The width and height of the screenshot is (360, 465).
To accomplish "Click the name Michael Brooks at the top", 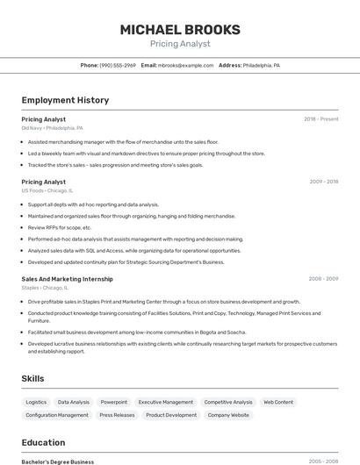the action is [x=179, y=30].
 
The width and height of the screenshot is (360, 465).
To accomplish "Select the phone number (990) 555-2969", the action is [x=118, y=66].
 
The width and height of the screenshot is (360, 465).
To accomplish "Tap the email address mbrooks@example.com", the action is [x=186, y=66].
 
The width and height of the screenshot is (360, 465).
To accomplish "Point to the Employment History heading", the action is [x=65, y=100].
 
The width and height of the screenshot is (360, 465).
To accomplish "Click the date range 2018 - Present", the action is [x=321, y=119].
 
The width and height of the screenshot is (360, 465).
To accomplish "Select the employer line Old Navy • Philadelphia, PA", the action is [x=52, y=128].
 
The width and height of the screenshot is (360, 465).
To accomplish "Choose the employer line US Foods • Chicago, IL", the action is [x=47, y=190].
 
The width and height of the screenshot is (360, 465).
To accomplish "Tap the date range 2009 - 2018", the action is [x=324, y=182].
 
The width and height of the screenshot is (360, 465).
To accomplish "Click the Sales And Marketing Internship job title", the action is [x=67, y=279].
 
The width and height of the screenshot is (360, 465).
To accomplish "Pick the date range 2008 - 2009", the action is [x=323, y=279].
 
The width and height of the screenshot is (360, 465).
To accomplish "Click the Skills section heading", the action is [x=33, y=378].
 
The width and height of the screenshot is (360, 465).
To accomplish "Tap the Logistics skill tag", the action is [x=36, y=402].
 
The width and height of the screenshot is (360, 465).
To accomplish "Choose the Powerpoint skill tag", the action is [x=113, y=402].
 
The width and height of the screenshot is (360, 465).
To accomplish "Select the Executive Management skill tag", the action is [x=166, y=402].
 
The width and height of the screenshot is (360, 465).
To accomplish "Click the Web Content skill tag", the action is [x=278, y=402].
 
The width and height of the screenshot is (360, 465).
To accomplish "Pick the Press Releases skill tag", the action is [x=117, y=415].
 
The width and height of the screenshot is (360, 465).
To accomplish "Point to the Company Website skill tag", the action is [x=228, y=415].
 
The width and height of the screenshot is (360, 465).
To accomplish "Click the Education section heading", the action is [x=43, y=442].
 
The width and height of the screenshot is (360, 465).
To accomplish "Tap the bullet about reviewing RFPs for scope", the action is [x=60, y=227].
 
